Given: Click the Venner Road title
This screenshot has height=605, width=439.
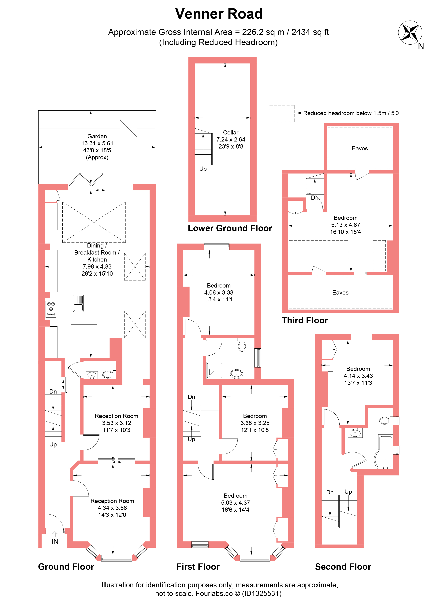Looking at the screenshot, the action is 219,14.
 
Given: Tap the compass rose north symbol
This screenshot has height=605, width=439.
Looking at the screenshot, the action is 410,33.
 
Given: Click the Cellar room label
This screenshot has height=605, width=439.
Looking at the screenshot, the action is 231,133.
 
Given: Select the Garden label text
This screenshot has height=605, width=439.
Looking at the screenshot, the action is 97,136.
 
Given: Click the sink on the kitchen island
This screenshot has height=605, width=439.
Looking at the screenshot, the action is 78,303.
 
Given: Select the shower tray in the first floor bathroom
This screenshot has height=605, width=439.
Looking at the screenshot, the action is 215,370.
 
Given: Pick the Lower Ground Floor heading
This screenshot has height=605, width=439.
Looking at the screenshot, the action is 230,228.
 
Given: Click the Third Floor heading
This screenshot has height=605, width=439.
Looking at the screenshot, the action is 305,320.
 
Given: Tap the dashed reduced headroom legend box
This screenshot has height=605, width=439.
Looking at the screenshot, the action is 282,114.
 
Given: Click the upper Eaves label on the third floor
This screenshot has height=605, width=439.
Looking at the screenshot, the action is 360,148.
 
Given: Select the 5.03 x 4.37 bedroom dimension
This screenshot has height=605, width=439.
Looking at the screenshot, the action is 236,503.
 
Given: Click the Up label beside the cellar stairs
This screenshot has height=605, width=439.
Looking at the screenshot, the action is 203,169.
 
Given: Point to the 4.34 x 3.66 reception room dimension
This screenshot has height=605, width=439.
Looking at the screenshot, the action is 112,508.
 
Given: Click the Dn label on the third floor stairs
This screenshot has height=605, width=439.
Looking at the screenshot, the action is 314,198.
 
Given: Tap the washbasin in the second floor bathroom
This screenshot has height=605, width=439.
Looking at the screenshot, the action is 355,433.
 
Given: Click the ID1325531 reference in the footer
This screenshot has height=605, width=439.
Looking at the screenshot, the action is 262,594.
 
